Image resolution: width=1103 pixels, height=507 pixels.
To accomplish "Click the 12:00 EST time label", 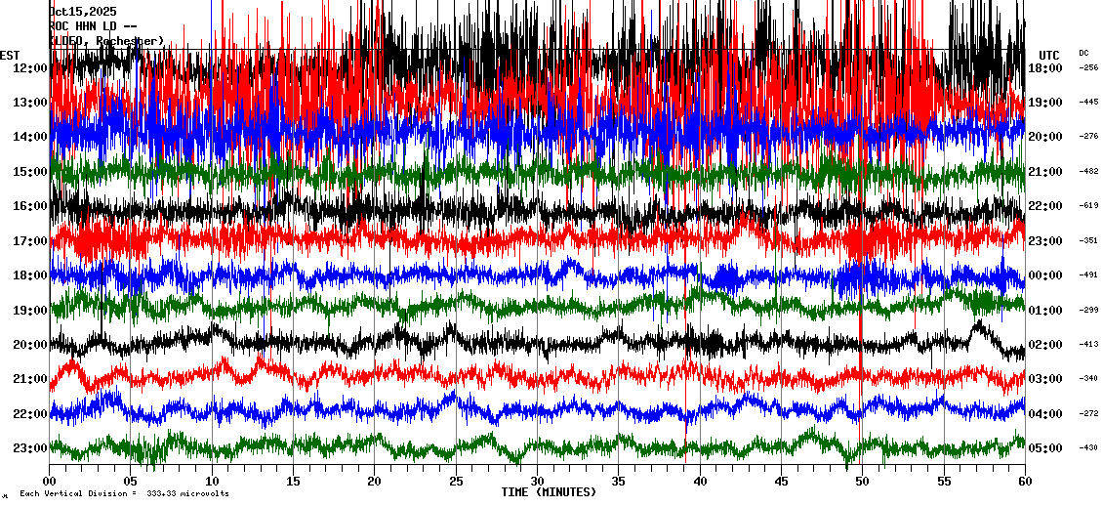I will tap(30, 67).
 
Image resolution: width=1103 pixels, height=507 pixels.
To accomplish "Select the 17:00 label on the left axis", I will tap(30, 240).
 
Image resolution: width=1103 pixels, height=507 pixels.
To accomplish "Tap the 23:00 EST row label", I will tap(30, 448).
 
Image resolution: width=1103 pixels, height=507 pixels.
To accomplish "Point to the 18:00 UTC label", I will tap(1044, 67).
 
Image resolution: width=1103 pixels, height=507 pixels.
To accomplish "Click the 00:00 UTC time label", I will tap(1044, 275).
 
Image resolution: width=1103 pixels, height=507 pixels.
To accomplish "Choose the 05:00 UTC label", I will tap(1044, 448).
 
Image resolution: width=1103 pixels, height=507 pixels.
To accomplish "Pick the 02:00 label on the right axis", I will tap(1044, 345).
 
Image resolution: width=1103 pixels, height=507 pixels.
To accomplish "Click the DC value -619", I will tap(1088, 206).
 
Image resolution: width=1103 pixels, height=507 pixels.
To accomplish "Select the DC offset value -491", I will tap(1088, 275).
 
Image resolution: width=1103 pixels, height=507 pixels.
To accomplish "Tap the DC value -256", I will tap(1088, 67).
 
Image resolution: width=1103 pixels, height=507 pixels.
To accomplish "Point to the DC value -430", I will tap(1088, 448).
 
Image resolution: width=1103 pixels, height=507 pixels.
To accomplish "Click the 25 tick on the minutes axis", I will tap(456, 482).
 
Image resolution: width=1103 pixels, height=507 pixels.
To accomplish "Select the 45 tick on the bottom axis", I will tap(781, 482).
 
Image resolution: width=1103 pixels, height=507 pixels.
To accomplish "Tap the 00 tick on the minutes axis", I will tap(50, 482).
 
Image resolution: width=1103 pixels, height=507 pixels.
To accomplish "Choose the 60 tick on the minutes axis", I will tap(1024, 482).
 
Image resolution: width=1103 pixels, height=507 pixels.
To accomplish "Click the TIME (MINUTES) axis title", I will tap(549, 492).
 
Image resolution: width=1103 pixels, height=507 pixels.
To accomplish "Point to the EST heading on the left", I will tap(10, 55).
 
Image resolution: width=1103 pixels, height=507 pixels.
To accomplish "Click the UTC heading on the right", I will tap(1049, 55).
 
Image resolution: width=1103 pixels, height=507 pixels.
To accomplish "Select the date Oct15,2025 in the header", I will tap(82, 12).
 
